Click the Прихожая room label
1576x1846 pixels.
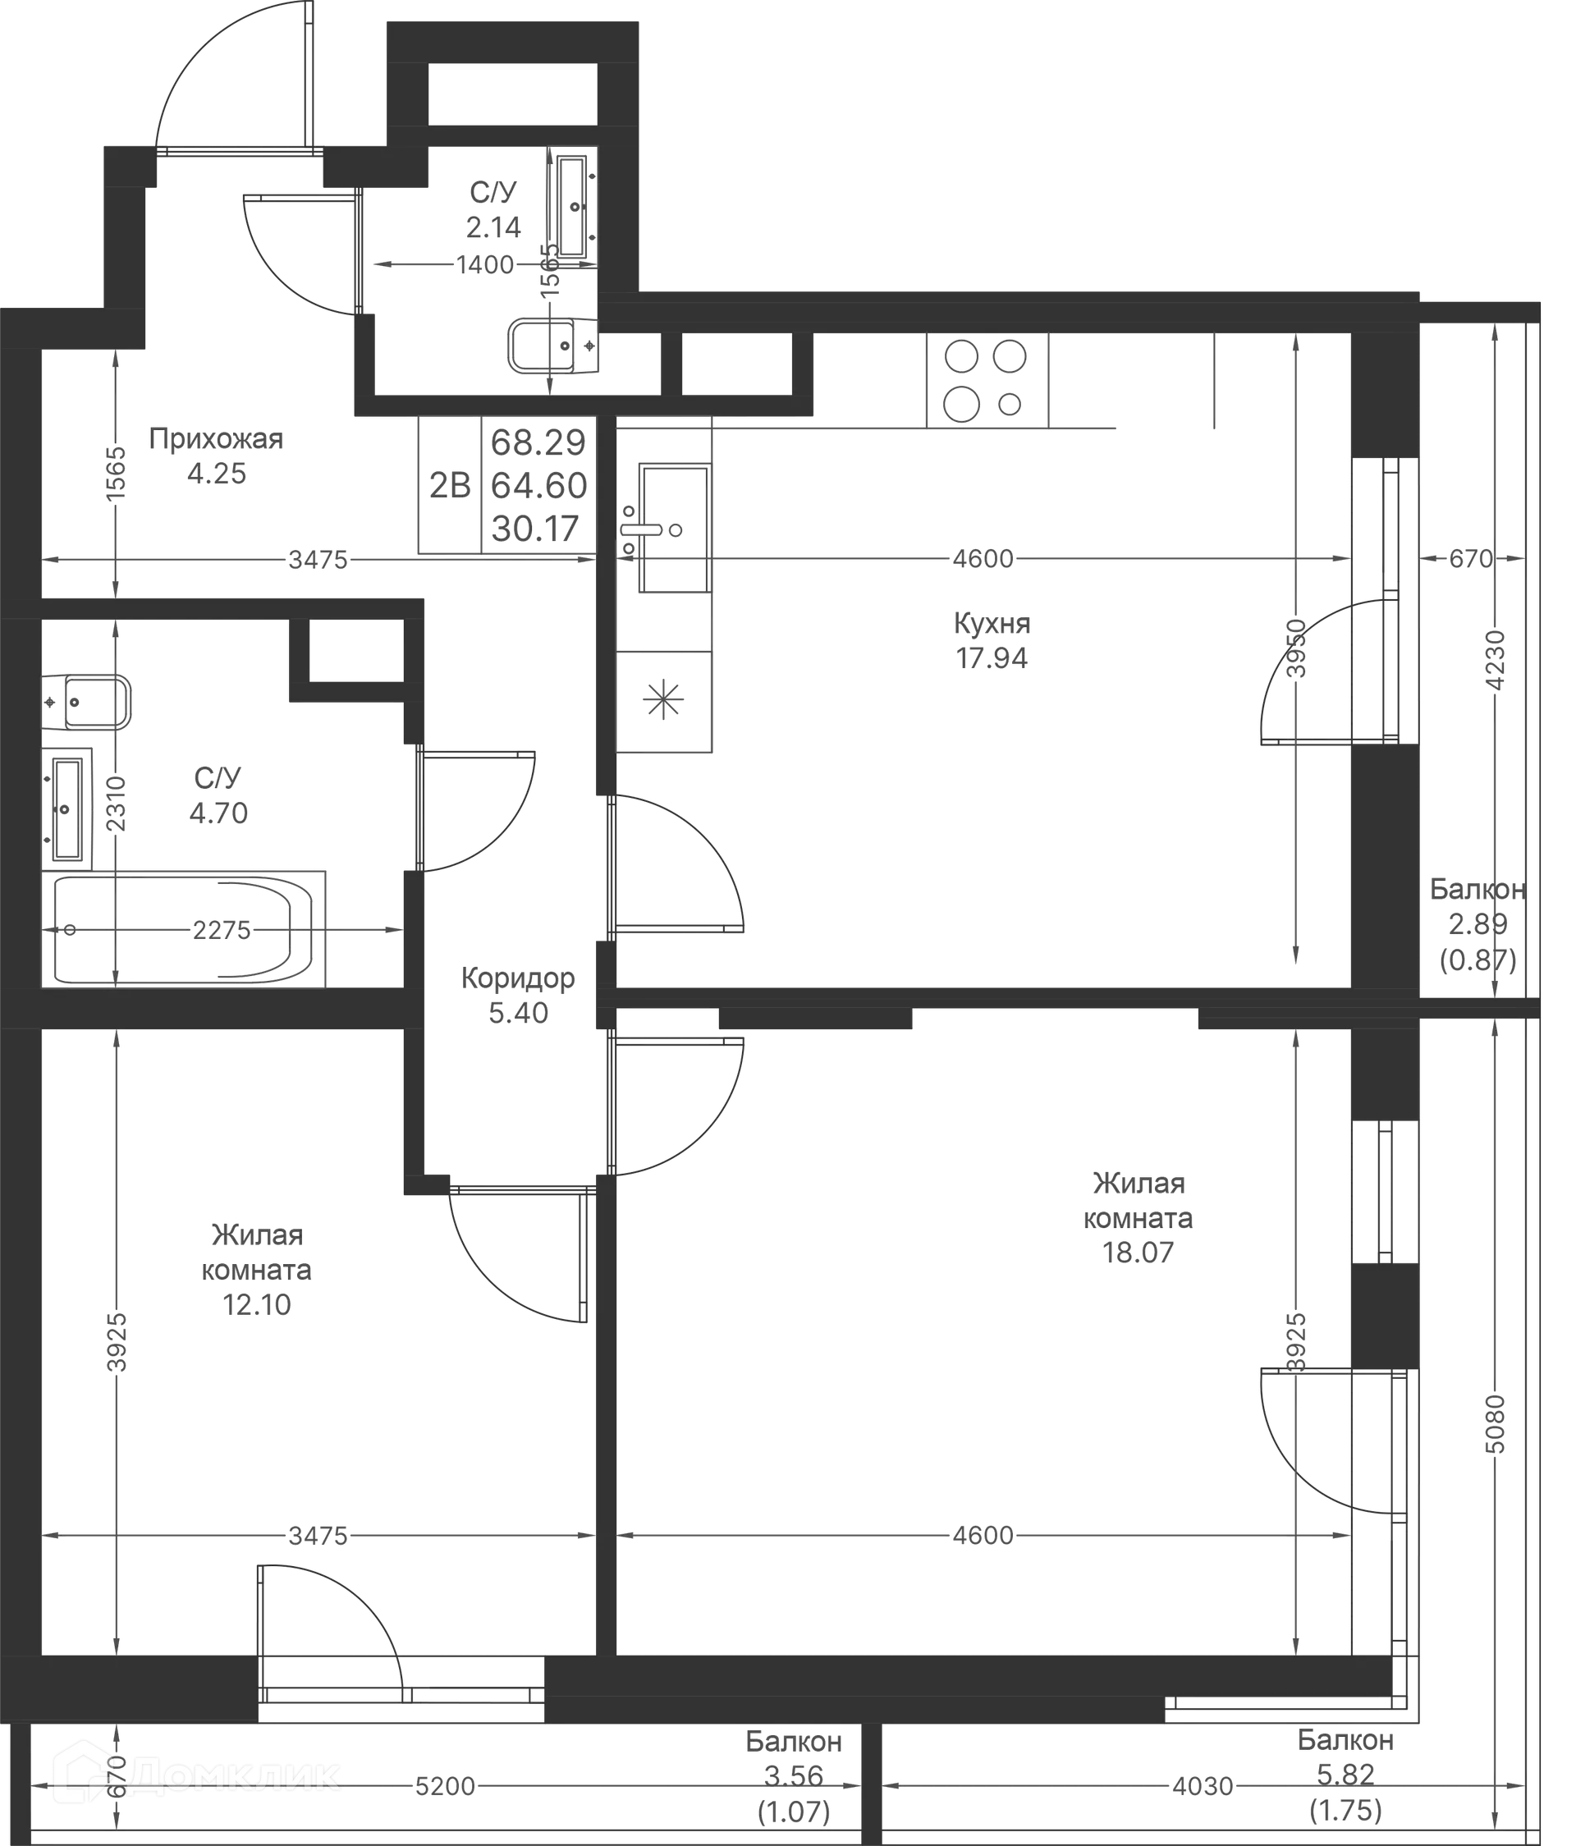pyautogui.click(x=217, y=439)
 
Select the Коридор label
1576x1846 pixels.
pyautogui.click(x=518, y=979)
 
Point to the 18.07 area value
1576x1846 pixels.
pyautogui.click(x=1138, y=1253)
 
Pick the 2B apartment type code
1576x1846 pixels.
pyautogui.click(x=449, y=486)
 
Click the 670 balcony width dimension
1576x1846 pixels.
pyautogui.click(x=1469, y=559)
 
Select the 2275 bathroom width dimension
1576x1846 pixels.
pyautogui.click(x=222, y=930)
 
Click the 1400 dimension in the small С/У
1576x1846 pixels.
pyautogui.click(x=486, y=264)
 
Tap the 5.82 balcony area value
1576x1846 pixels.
pyautogui.click(x=1346, y=1775)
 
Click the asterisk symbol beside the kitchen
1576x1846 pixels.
pyautogui.click(x=664, y=699)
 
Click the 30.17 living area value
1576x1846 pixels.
pyautogui.click(x=537, y=529)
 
